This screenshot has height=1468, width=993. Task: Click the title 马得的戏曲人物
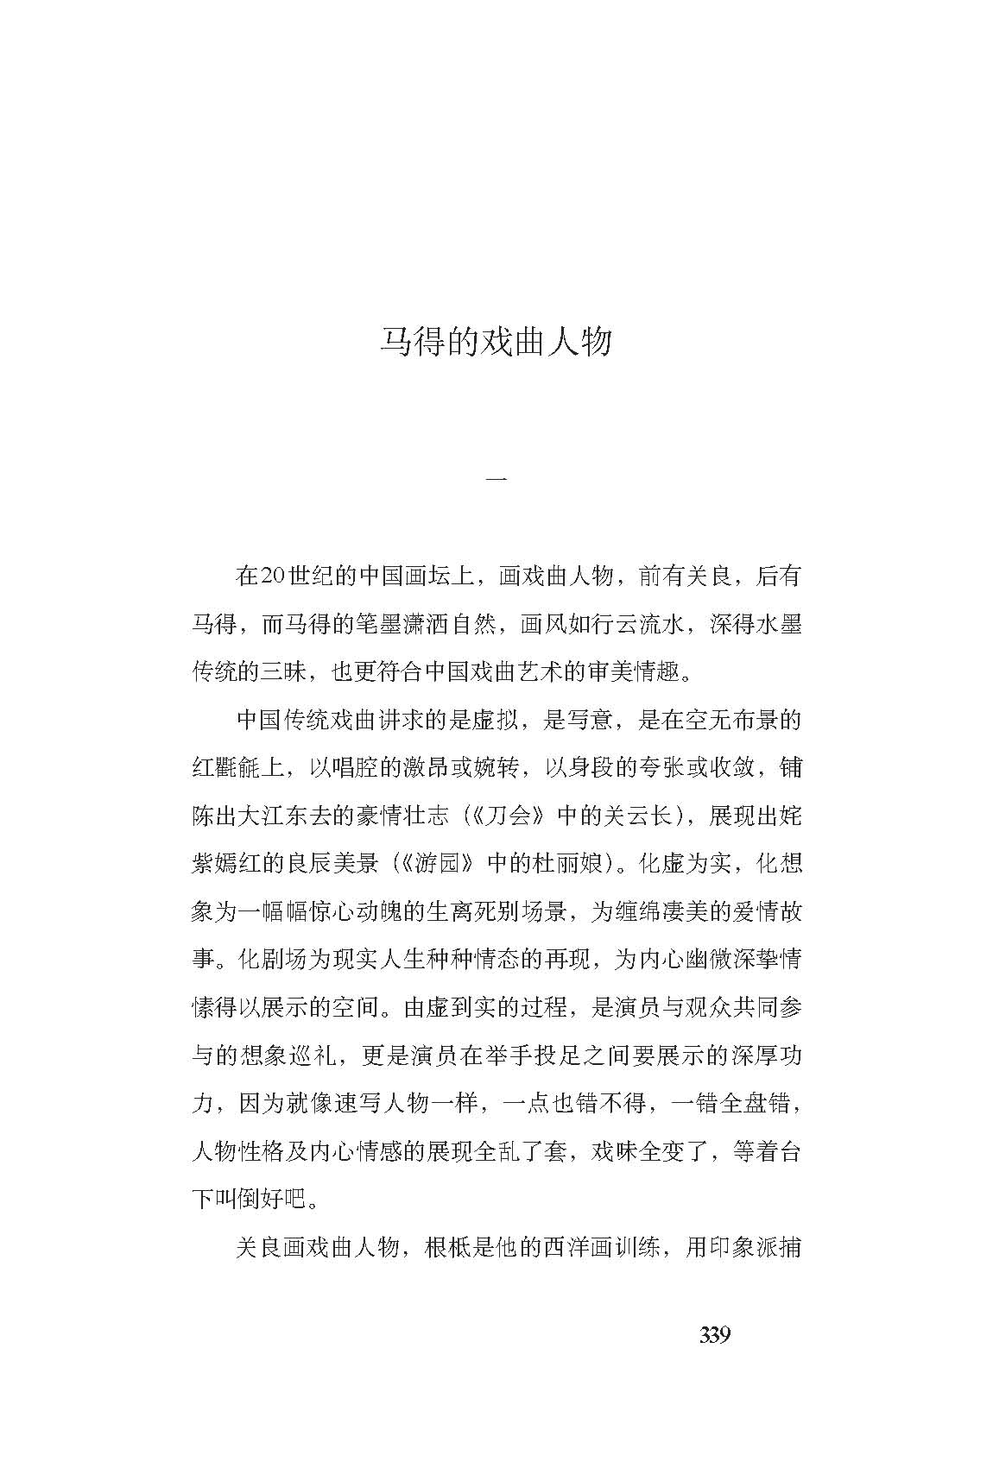click(496, 342)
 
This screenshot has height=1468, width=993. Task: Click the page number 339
click(715, 1335)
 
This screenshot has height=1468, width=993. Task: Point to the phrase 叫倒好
click(250, 1200)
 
